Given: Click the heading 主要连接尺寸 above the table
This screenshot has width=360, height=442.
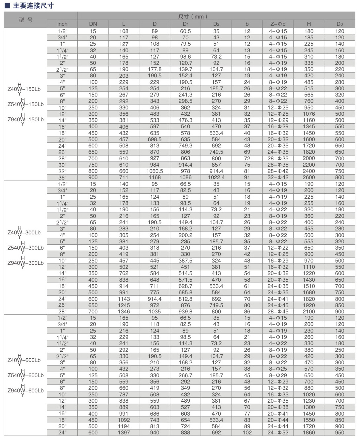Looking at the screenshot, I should tap(33, 6).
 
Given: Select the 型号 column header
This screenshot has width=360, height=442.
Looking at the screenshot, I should tap(25, 20).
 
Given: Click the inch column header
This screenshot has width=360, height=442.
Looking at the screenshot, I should tap(62, 24).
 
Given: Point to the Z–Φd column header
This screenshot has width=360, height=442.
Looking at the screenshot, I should tap(278, 24).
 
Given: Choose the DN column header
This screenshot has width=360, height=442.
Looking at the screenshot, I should tap(93, 24).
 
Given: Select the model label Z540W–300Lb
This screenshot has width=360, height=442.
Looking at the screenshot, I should tap(25, 248).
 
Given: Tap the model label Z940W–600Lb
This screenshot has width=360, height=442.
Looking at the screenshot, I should tap(25, 390).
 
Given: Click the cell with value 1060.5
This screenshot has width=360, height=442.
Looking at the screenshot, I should tap(155, 171).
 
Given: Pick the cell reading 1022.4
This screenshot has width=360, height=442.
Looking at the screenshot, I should tap(216, 177).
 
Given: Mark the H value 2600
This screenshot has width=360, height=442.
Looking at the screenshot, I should tap(309, 177).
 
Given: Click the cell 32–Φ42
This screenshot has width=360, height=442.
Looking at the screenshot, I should tap(278, 177).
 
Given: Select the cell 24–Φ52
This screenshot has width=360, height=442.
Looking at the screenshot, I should tap(278, 432).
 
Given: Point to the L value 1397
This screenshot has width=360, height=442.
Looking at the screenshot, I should tap(124, 432).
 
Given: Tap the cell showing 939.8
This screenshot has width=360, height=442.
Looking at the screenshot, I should tap(186, 311).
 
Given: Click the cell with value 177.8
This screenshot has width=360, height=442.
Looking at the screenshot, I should tap(155, 69).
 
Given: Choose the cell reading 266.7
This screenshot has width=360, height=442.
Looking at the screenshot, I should tap(186, 375).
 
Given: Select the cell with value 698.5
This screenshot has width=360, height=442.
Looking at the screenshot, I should tap(155, 139).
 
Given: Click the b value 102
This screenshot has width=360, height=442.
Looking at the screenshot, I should tap(247, 432).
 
